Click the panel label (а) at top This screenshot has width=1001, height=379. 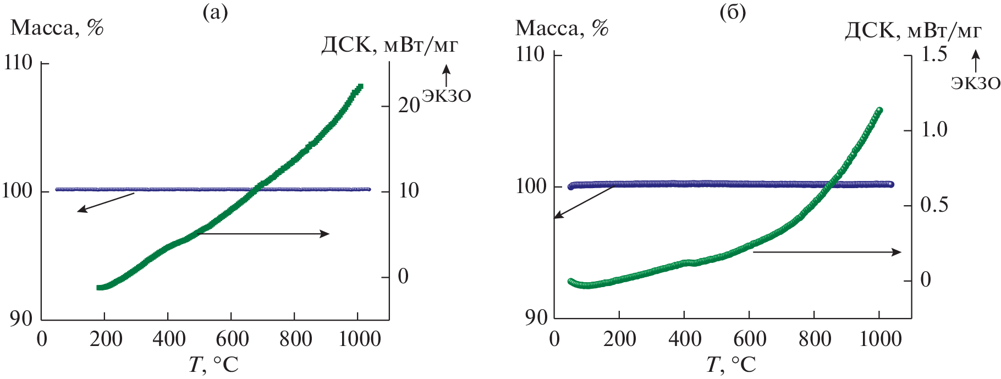pos(215,12)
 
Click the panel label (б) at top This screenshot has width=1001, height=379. pos(733,12)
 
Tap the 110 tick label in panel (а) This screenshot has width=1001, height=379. pos(18,63)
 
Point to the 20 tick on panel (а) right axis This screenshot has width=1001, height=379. pos(409,106)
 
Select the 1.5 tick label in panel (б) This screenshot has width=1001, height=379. pos(933,54)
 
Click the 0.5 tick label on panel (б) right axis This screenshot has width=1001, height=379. pos(933,205)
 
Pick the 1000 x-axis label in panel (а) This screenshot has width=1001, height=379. pos(360,339)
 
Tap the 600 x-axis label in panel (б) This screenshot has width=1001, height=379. pos(750,339)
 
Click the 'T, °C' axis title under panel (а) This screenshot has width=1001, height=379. pos(213,364)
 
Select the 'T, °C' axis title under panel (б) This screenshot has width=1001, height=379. pos(731,364)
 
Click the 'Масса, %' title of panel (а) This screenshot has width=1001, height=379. pos(57,28)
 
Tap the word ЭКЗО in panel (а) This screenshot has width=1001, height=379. pos(446,96)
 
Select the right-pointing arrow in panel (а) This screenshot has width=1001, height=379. pos(263,234)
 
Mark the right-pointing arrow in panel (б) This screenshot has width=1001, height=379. pos(827,252)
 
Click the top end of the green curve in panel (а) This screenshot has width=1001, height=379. pos(360,87)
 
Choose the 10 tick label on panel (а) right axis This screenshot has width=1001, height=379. pos(409,191)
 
